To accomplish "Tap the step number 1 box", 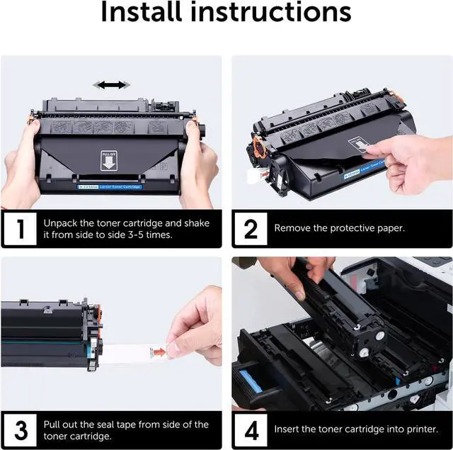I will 21,228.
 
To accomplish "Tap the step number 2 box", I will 251,228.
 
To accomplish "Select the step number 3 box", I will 21,429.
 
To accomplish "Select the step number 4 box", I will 251,429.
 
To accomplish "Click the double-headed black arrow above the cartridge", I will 111,85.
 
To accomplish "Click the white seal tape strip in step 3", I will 134,351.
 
